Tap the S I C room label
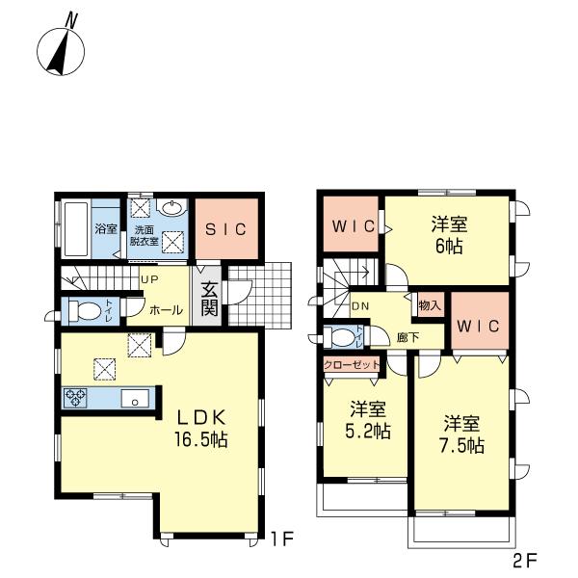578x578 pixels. [x=227, y=229]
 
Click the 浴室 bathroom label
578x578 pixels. [x=105, y=230]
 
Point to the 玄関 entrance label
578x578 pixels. [x=209, y=296]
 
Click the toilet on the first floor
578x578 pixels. [x=83, y=311]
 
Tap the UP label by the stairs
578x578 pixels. [x=150, y=279]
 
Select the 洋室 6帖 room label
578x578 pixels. [x=448, y=234]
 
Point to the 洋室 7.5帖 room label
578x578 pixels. [x=463, y=435]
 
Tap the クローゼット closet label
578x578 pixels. [x=350, y=364]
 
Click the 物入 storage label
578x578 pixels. [x=430, y=305]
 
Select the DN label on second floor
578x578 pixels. [x=361, y=306]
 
